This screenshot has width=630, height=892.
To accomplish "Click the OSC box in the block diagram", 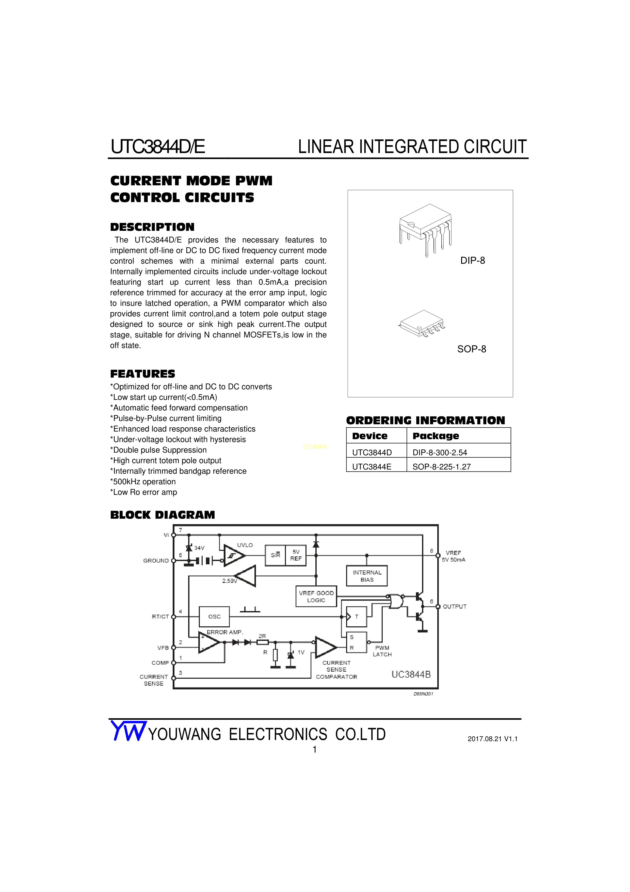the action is (214, 616).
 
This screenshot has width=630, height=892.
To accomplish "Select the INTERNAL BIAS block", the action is (367, 576).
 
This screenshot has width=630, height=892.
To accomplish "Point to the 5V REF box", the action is (296, 555).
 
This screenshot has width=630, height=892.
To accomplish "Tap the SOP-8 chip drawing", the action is (422, 324).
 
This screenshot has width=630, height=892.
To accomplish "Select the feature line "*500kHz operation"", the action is (143, 482).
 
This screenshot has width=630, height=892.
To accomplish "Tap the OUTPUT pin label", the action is (455, 607).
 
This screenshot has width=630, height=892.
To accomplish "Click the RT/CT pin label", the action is (160, 616).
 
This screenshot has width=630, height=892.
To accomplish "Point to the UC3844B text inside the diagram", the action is (411, 674).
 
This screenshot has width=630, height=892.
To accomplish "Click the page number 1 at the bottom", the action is (315, 749).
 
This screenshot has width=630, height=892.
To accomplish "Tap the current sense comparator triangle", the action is (325, 647).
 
